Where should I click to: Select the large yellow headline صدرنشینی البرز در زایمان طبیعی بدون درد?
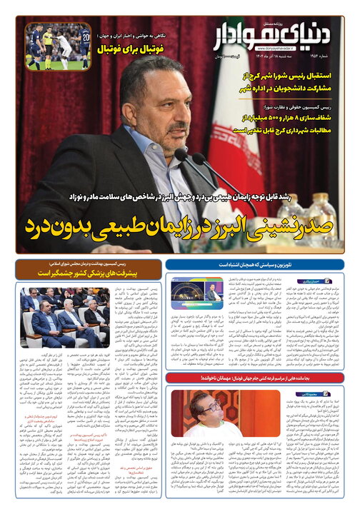(179, 227)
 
